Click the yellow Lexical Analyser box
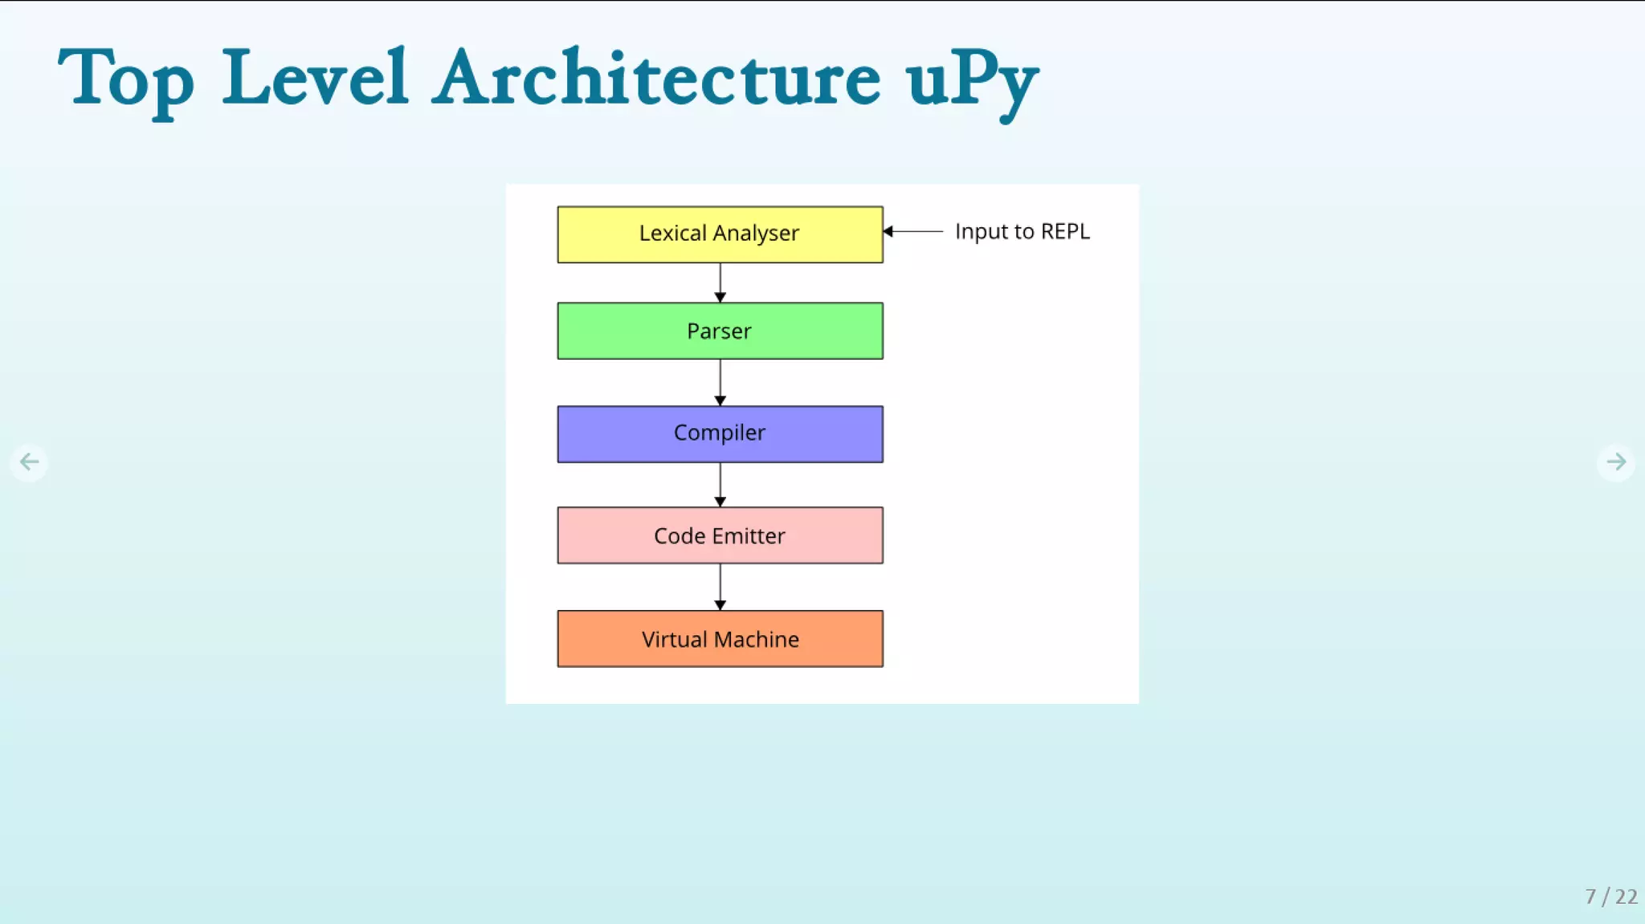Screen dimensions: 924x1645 pos(720,234)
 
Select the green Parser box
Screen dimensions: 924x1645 pos(720,331)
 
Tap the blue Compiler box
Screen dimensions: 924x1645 pos(720,434)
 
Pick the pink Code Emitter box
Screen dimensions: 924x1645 pos(720,535)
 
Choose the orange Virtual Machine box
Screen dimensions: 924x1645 pos(720,639)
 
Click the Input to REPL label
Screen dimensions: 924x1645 pos(1022,231)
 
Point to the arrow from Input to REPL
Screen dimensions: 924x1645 pos(914,231)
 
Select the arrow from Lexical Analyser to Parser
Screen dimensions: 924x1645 pos(720,283)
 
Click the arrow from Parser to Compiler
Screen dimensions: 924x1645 pos(720,382)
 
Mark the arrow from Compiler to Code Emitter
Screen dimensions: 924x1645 pos(720,484)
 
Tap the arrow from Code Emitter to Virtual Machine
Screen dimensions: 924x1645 pos(720,587)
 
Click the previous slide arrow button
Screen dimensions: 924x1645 pos(30,462)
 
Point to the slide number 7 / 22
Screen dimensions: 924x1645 pos(1610,896)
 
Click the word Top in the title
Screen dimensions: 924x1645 pos(126,79)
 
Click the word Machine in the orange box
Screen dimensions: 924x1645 pos(757,640)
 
